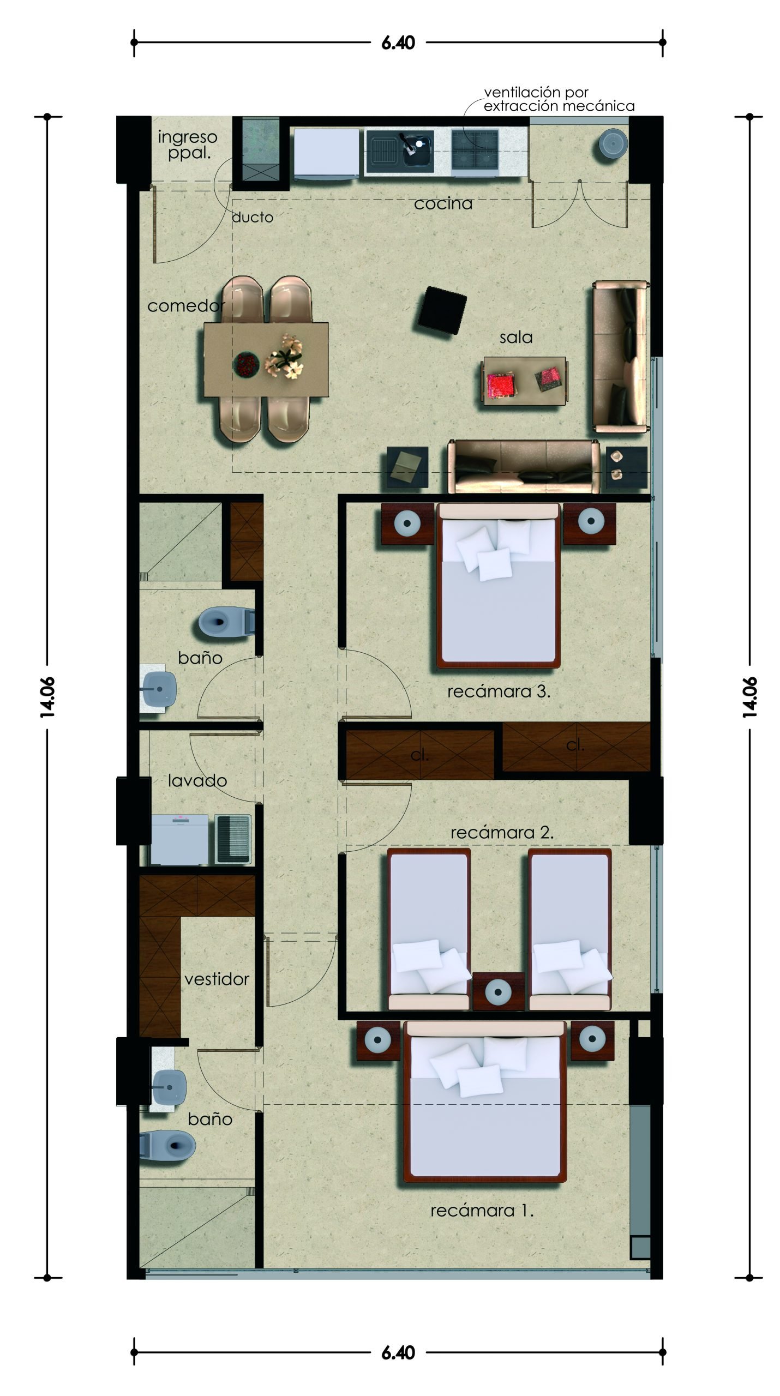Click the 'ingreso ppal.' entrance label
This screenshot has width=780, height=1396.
(187, 145)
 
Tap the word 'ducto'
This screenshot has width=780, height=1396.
(253, 217)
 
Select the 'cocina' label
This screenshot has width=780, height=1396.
(443, 203)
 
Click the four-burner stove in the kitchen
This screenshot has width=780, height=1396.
(475, 148)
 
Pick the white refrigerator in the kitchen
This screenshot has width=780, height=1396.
(326, 153)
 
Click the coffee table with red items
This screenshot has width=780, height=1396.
(524, 381)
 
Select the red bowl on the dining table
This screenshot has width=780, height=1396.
(246, 364)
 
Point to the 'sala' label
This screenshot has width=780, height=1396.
(516, 338)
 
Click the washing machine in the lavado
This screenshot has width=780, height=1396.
(179, 840)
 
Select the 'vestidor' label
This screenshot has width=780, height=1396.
(217, 979)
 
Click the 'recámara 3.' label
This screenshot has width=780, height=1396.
(499, 692)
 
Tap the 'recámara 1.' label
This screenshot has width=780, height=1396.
(482, 1211)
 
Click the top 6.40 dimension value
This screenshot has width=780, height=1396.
(398, 43)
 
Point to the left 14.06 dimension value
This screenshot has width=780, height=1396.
(47, 696)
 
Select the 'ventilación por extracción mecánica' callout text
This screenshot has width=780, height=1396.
(559, 99)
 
